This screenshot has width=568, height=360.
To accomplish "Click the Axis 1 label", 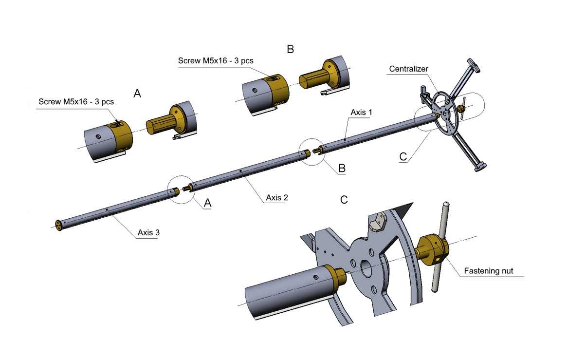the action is click(361, 113).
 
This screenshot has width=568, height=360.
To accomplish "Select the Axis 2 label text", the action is click(277, 198).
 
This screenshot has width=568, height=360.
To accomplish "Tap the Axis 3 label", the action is click(148, 232).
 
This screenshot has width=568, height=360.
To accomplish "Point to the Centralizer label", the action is click(409, 69).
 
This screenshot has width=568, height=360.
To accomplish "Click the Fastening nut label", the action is click(489, 271).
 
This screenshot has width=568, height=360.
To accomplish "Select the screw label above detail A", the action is click(76, 102).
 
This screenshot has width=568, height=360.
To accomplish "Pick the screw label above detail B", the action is click(216, 61).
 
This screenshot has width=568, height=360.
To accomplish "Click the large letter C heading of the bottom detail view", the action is click(344, 200).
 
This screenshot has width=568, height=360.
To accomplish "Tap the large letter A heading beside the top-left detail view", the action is click(137, 94).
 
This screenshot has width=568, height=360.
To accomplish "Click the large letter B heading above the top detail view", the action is click(290, 49).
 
